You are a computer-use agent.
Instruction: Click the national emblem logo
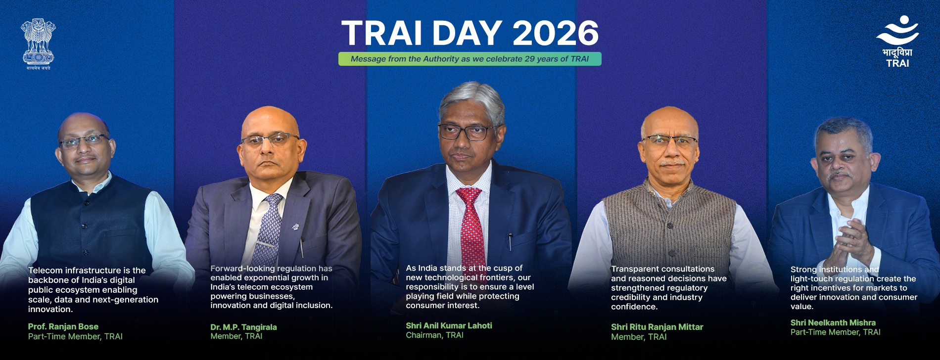38,44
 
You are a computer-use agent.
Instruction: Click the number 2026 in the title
555,34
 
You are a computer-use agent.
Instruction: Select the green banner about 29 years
470,59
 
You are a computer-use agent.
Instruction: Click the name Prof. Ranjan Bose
63,326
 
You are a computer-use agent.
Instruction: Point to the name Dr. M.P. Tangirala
243,327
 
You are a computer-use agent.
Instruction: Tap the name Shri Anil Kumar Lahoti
449,325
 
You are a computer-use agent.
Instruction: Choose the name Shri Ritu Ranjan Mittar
657,327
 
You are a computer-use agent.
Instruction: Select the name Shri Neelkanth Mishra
833,322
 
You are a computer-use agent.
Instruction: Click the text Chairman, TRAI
434,335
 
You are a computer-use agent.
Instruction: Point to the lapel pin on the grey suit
295,226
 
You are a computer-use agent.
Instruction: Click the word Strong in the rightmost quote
803,270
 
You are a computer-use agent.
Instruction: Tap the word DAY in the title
468,34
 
